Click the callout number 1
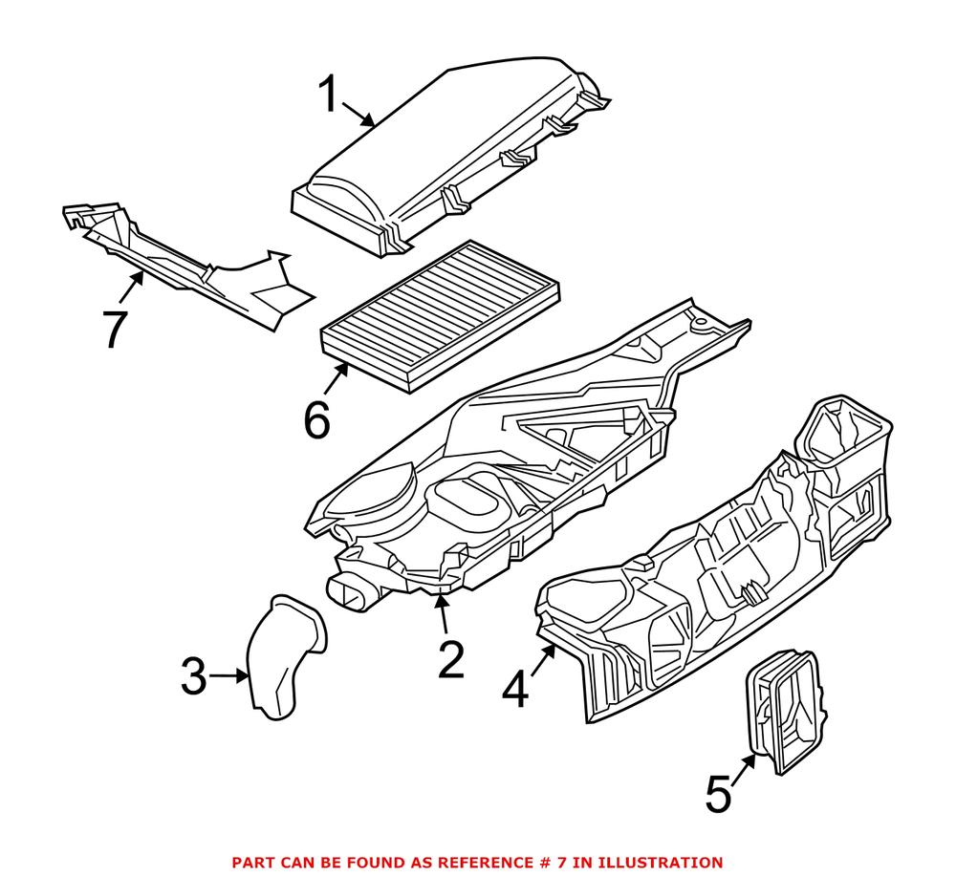[x=328, y=96]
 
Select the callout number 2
[x=449, y=659]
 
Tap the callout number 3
[x=193, y=677]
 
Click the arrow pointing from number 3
[x=228, y=676]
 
